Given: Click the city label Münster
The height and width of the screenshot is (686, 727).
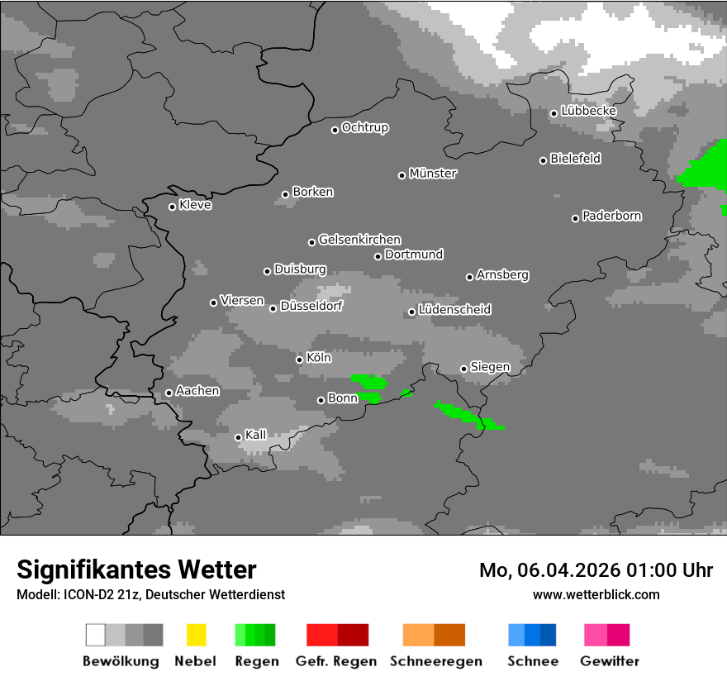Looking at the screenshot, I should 433,174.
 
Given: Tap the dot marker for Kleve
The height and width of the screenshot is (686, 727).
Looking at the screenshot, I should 172,207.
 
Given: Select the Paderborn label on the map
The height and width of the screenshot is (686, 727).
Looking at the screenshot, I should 612,216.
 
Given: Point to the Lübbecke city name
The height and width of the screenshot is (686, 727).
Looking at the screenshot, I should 589,111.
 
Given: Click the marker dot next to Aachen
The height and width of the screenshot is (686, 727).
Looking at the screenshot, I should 169,393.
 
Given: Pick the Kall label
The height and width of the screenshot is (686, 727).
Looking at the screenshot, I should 256,435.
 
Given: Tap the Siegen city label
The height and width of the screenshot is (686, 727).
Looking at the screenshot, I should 491,367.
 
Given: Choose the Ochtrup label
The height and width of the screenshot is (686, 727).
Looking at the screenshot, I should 365,127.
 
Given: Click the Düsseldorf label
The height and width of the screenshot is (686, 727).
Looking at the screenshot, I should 311,306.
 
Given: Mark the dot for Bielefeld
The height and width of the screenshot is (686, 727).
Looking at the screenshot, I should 544,160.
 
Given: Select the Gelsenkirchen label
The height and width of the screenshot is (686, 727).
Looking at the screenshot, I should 360,240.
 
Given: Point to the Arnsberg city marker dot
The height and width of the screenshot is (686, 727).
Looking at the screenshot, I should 469,277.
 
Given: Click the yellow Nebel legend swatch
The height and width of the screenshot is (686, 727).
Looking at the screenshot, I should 196,635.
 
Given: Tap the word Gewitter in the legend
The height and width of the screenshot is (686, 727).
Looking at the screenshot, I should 610,661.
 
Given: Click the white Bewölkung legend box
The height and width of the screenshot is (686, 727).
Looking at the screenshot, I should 96,635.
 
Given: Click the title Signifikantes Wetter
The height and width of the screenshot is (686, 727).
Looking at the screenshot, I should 136,569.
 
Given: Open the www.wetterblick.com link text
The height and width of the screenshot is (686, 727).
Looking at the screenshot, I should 596,594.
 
